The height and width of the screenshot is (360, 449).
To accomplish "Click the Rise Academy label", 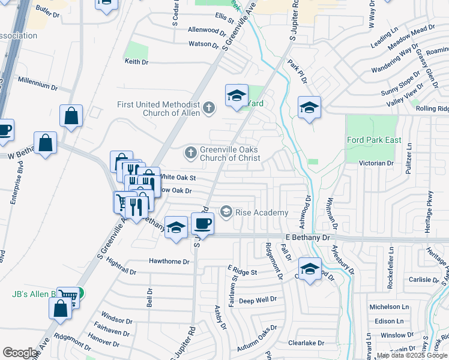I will click(x=262, y=212).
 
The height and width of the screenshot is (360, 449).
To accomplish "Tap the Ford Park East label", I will click(x=373, y=140).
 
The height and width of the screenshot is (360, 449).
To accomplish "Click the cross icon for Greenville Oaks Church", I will click(x=191, y=152).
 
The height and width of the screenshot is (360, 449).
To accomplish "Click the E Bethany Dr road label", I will click(x=308, y=238).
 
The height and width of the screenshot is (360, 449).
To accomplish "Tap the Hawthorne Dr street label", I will click(x=169, y=262).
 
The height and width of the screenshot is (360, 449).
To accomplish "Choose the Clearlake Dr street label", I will click(x=306, y=343).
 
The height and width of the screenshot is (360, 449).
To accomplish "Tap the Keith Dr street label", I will click(x=136, y=61).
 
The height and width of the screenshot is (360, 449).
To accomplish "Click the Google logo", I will click(x=20, y=353).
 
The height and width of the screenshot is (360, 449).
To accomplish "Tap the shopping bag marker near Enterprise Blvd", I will click(x=46, y=143).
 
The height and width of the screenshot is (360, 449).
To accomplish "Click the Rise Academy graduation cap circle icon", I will click(x=226, y=211).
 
